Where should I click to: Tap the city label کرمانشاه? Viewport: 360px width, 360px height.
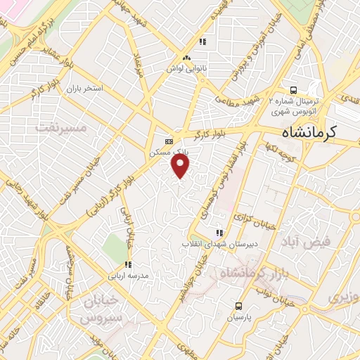click(x=309, y=131)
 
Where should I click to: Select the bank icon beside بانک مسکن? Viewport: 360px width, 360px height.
click(x=167, y=140)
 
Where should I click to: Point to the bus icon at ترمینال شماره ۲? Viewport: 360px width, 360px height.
click(x=293, y=90)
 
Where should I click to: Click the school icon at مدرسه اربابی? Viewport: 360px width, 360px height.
click(x=128, y=265)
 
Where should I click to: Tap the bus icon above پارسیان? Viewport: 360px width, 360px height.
click(x=239, y=306)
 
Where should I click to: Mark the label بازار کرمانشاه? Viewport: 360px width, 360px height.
click(x=250, y=273)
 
